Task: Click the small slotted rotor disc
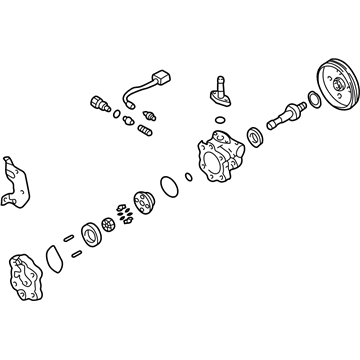107,225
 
